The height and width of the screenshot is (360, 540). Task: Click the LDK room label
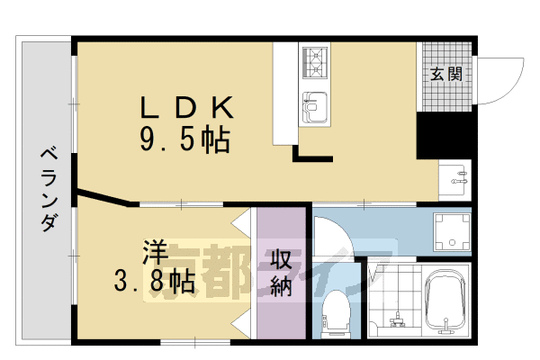tap(186, 109)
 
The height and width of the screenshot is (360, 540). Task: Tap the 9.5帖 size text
tap(184, 139)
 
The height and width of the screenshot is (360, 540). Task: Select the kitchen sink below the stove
tap(316, 106)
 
